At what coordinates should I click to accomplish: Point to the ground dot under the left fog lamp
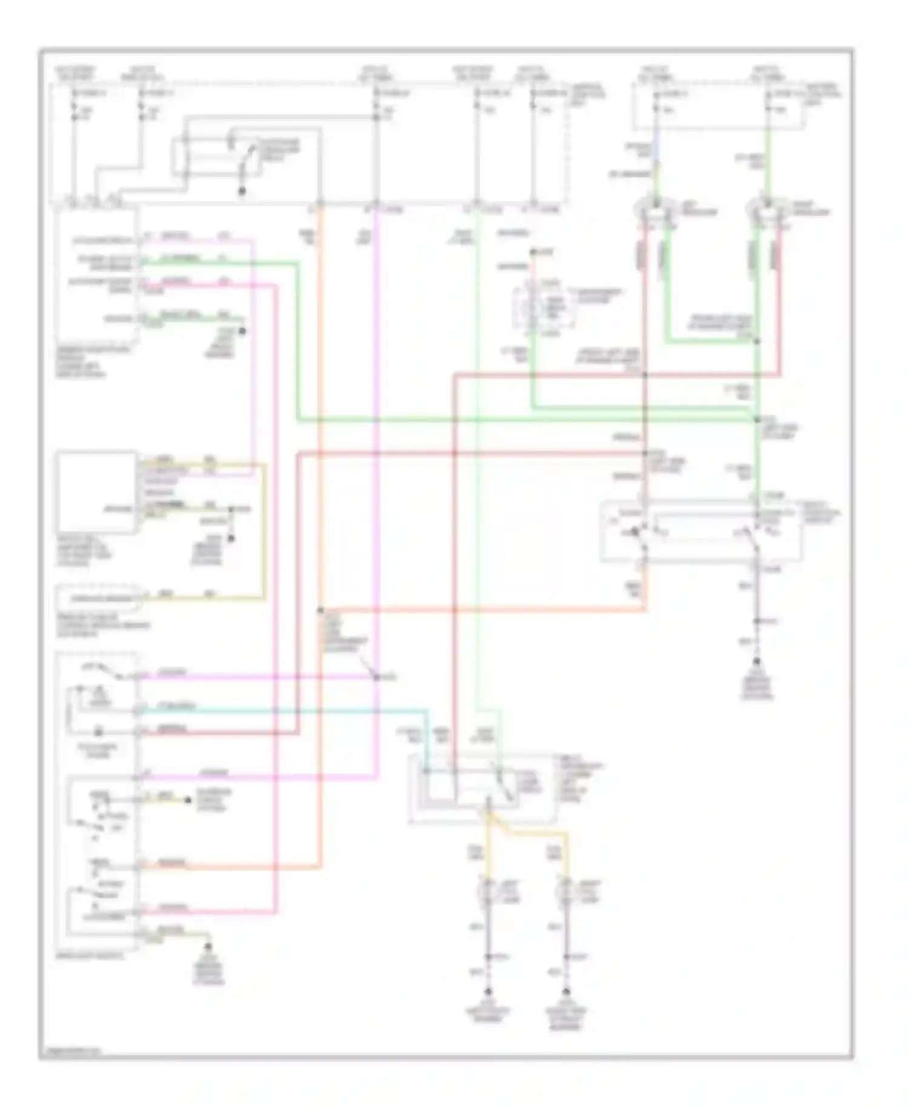(488, 992)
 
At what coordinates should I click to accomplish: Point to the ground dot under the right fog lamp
(567, 992)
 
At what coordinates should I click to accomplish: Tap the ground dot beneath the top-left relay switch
(241, 192)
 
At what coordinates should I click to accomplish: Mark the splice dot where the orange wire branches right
(320, 609)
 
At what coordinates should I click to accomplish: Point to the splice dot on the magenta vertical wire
(376, 676)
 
